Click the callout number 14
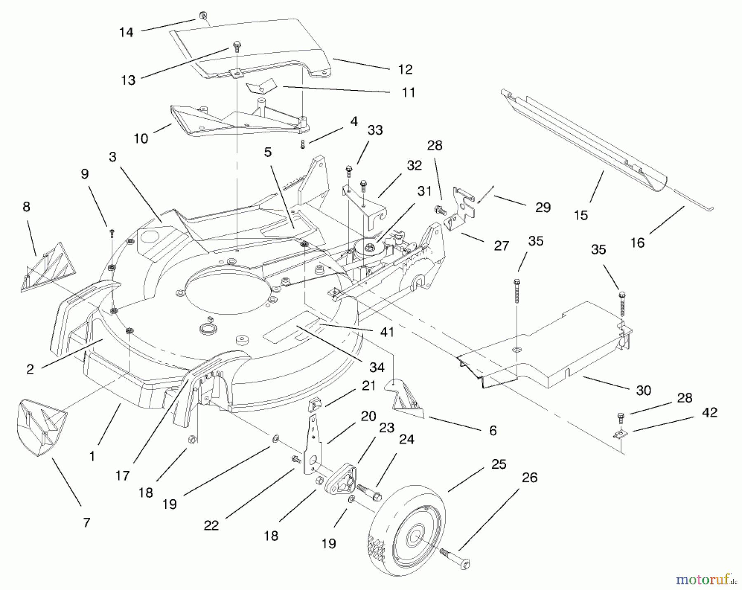coord(126,33)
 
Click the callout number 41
coord(387,332)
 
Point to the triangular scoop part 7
coord(41,427)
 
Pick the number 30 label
coord(643,390)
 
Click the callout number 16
coord(637,242)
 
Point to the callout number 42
coord(709,412)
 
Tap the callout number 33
coord(375,130)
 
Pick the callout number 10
coord(141,139)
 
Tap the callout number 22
coord(211,526)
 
